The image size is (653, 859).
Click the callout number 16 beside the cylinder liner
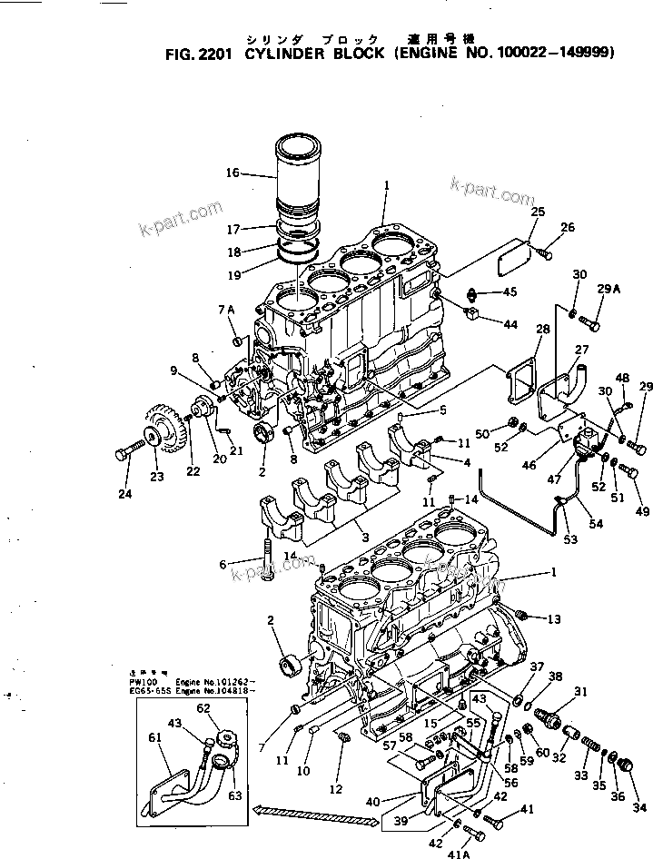[233, 172]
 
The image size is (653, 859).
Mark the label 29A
[608, 289]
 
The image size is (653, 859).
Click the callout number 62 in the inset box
[203, 708]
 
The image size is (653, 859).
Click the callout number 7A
[226, 311]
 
